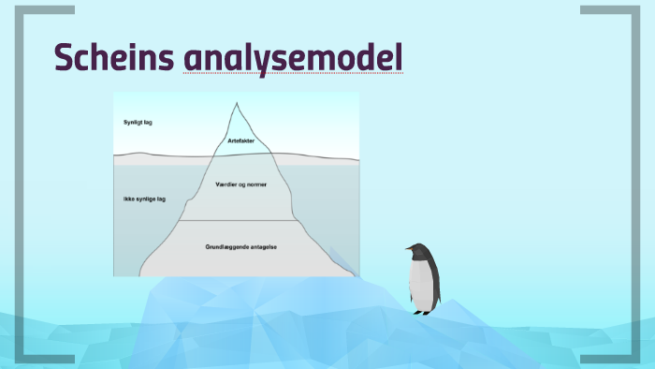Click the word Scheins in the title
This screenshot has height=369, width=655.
pyautogui.click(x=114, y=57)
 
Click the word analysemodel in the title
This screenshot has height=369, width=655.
pyautogui.click(x=293, y=57)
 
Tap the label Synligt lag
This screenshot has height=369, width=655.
pyautogui.click(x=138, y=123)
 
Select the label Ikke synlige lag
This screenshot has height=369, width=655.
pyautogui.click(x=144, y=199)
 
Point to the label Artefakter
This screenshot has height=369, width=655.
pyautogui.click(x=240, y=140)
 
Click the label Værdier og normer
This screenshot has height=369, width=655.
pyautogui.click(x=241, y=184)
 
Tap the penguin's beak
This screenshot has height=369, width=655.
pyautogui.click(x=409, y=249)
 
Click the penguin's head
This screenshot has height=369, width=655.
pyautogui.click(x=419, y=251)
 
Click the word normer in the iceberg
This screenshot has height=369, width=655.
pyautogui.click(x=256, y=184)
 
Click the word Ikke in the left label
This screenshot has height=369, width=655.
pyautogui.click(x=128, y=199)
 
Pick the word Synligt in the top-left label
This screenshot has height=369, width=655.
pyautogui.click(x=133, y=123)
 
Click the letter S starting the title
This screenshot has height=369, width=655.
pyautogui.click(x=64, y=57)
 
